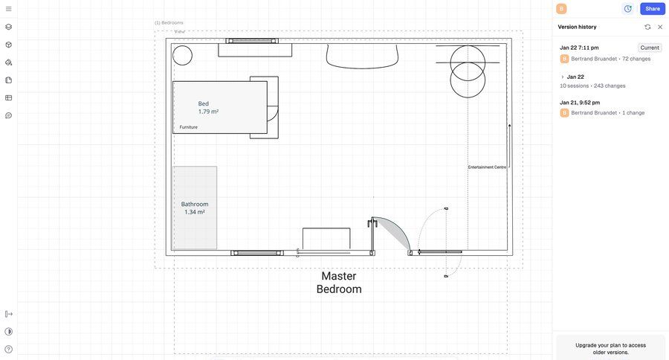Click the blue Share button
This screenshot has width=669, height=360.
(x=653, y=8)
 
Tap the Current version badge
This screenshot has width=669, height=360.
(x=650, y=48)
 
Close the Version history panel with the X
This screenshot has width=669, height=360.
(x=660, y=27)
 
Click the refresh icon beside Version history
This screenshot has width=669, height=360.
(x=647, y=27)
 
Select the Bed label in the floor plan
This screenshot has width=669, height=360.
(x=203, y=104)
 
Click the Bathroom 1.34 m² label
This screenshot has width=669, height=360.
(x=195, y=208)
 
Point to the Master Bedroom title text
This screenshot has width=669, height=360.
(x=339, y=283)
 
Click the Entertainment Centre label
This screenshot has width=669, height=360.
(x=487, y=167)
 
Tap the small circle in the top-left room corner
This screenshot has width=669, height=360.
(x=182, y=56)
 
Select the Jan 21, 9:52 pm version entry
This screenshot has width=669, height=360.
(x=580, y=103)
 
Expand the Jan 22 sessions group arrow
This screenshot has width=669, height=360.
(x=563, y=77)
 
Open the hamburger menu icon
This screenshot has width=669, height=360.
(x=8, y=8)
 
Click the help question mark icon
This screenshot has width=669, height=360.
(x=8, y=350)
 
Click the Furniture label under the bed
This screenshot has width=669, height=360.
(x=188, y=127)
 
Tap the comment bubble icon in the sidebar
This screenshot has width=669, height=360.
(x=8, y=116)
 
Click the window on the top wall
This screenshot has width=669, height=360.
(x=252, y=41)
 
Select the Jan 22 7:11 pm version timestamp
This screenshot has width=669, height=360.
(x=579, y=48)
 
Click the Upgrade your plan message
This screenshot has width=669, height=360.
(x=610, y=348)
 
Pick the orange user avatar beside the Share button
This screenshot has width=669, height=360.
(x=561, y=8)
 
